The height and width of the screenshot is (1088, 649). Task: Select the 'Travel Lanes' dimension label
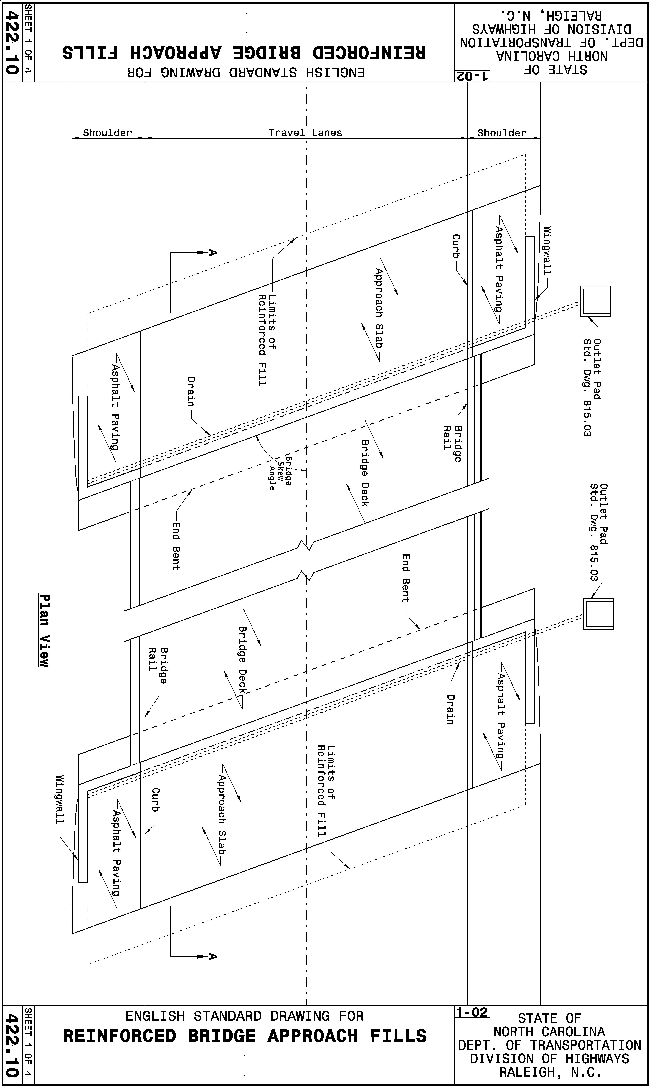click(305, 133)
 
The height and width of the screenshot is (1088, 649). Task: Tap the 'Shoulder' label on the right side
click(502, 133)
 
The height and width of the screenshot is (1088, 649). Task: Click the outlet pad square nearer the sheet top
click(595, 301)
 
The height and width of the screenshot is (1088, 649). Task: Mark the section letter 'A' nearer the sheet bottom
click(213, 956)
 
